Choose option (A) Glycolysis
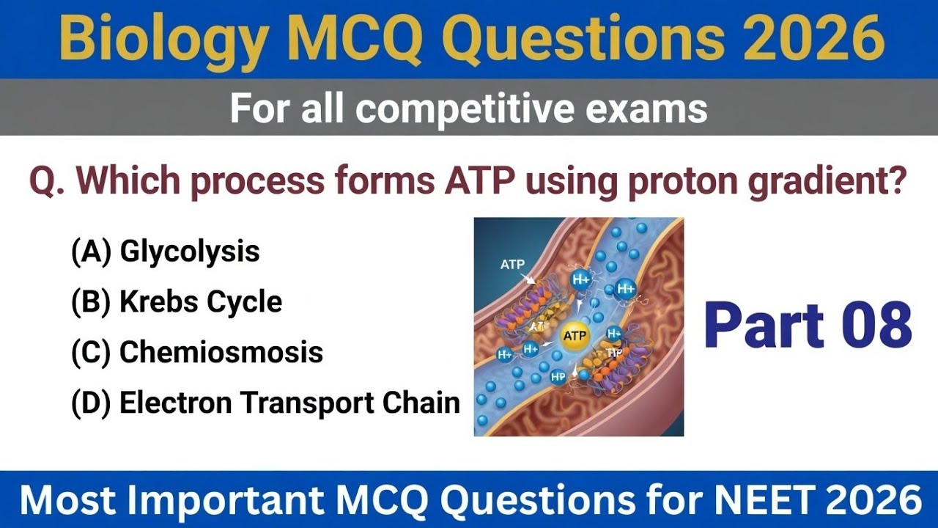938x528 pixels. (166, 252)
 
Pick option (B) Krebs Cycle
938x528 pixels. (177, 301)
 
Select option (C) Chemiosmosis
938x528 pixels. (197, 352)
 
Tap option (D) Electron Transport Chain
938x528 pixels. (265, 403)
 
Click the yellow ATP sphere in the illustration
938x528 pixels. (574, 337)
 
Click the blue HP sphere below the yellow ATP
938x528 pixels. (558, 376)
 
